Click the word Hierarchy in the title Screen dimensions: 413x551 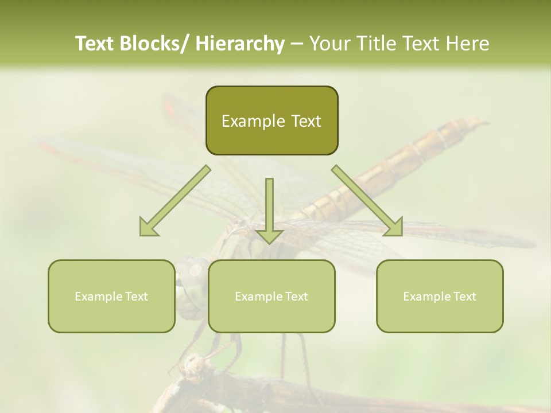[240, 44]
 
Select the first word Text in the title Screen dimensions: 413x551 [95, 44]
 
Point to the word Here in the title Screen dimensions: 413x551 [467, 44]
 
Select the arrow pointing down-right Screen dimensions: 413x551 [367, 201]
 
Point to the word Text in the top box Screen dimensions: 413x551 [305, 122]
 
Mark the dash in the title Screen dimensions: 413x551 [297, 44]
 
